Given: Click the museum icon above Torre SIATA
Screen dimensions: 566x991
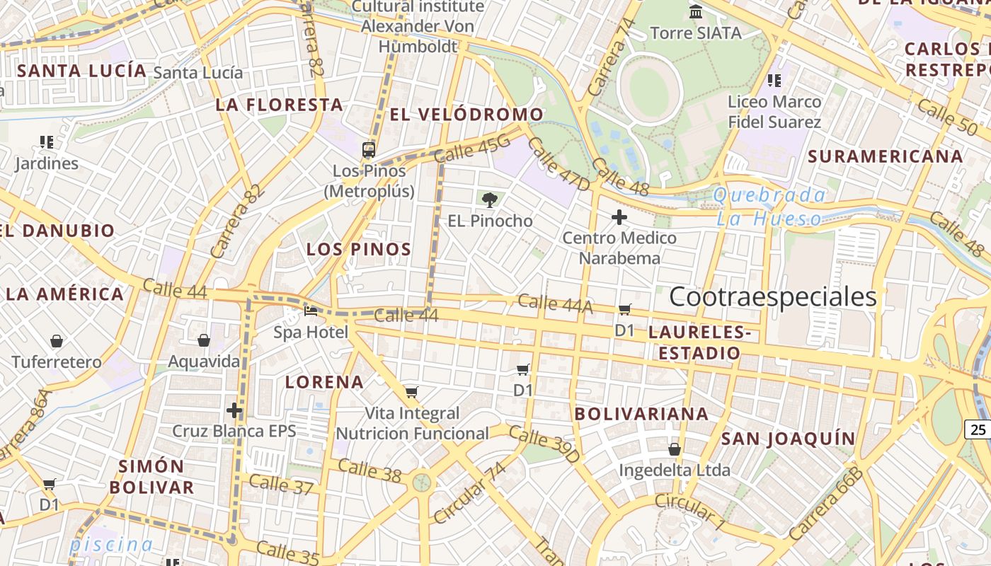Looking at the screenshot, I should pos(696,12).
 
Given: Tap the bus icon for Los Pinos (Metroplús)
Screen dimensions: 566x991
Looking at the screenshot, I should pos(369,149).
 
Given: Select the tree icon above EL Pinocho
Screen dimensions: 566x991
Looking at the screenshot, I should pos(489,200).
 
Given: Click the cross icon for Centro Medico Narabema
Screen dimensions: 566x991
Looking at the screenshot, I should pos(619,217).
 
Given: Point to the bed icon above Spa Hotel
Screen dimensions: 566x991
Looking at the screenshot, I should pos(311,311).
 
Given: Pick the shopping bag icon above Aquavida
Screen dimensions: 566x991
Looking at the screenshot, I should pos(204,341).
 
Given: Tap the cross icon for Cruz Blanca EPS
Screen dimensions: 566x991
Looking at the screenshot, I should pos(234,410).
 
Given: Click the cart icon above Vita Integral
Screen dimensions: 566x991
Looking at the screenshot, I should pos(412,392).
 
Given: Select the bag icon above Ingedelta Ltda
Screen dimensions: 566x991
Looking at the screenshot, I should pos(675,449).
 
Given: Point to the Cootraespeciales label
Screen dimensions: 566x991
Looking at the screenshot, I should pos(772,297).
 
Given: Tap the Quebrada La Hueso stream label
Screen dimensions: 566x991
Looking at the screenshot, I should pos(769,207).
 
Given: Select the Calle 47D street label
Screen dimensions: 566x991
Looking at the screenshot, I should pos(558,164).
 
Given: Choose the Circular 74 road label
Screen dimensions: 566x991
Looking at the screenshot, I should pos(470,493).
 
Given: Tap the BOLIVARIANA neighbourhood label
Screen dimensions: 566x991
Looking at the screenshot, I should pos(641,414).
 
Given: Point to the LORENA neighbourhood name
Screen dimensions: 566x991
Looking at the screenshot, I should pos(324,382).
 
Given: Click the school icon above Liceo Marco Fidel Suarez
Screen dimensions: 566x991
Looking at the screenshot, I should pos(774,81).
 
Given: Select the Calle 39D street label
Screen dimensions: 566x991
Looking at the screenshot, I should pos(544,444).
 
